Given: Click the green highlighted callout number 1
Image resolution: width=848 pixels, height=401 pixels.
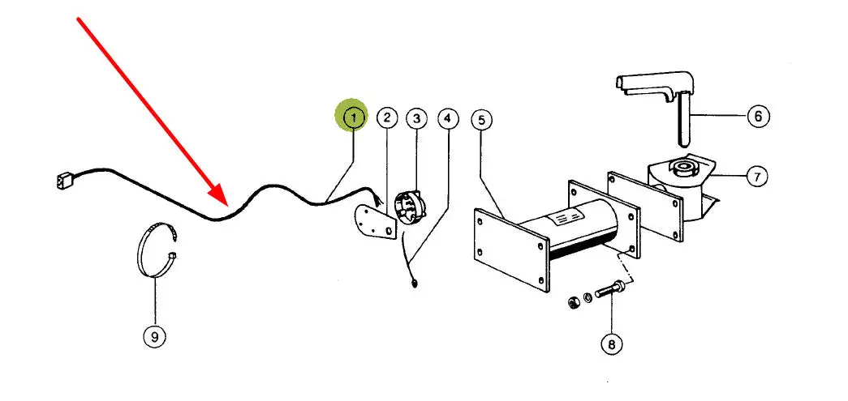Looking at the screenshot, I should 353,117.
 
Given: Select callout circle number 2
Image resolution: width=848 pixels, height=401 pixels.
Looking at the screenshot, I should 387,118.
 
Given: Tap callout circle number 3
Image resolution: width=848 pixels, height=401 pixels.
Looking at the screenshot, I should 416,119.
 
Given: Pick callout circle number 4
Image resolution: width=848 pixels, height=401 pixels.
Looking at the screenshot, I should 447,118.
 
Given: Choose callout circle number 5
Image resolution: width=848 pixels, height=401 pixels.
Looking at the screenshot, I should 481,120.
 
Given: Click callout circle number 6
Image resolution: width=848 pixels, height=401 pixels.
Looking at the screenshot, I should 757,117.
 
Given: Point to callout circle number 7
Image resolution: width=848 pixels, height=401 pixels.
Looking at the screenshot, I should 755,175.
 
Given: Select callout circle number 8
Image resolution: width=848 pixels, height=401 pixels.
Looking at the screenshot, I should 611,344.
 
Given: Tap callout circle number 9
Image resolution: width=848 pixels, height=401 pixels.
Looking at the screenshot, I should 154,335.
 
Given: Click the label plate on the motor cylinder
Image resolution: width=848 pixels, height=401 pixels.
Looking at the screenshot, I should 568,218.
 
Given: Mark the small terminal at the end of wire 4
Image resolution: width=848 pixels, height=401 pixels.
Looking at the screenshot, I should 414,283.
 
